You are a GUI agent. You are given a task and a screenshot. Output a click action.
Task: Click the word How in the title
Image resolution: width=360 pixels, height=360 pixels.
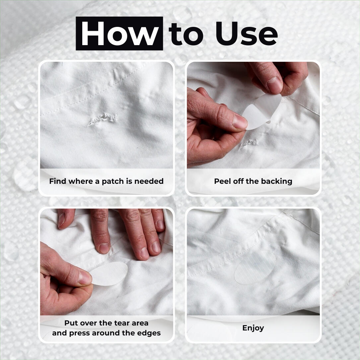tap(119, 34)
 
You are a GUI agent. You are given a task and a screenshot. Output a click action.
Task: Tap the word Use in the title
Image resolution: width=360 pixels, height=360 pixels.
tap(246, 34)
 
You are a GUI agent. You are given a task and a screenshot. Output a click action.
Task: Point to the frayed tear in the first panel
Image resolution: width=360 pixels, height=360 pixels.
tap(103, 119)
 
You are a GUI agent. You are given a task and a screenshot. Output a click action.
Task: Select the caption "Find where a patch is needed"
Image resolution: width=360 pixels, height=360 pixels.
tap(106, 181)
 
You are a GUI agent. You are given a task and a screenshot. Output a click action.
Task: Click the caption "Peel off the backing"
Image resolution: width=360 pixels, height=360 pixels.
tap(253, 181)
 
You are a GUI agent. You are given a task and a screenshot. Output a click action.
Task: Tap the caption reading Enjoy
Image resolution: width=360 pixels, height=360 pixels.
tap(253, 328)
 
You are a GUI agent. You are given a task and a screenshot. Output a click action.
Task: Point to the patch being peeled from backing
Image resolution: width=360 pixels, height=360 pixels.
tap(262, 111)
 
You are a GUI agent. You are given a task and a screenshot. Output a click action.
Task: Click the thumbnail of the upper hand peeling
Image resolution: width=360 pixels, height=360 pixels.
tap(275, 85)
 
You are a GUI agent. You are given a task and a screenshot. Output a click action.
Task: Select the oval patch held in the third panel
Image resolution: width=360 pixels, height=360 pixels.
tap(109, 273)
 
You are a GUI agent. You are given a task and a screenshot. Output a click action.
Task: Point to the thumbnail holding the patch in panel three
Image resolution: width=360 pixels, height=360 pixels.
tap(85, 277)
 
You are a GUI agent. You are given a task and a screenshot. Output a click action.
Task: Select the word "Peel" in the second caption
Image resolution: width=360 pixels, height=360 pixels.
tap(222, 181)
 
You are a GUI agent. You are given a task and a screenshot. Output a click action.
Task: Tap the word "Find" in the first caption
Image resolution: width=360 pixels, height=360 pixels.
tap(57, 181)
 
